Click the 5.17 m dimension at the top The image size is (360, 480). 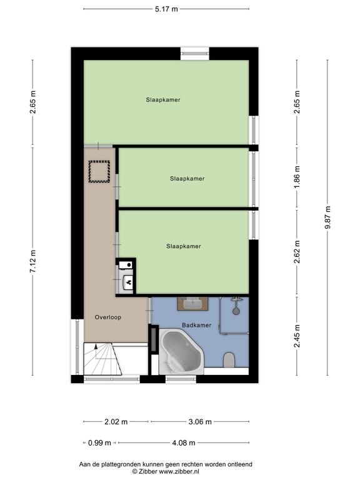click(x=166, y=9)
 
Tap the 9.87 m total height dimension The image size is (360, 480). click(x=327, y=217)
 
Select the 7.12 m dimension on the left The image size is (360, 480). click(x=33, y=262)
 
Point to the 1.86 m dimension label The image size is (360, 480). click(x=297, y=177)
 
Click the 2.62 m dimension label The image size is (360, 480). click(x=297, y=252)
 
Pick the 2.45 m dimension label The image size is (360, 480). click(x=297, y=336)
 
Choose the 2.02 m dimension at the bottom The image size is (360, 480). click(x=116, y=422)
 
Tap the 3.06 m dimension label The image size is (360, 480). click(x=200, y=422)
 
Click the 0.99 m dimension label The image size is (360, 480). click(x=99, y=442)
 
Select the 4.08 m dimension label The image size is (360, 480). click(x=183, y=442)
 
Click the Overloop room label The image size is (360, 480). click(x=108, y=317)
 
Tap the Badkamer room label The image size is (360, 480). click(x=196, y=326)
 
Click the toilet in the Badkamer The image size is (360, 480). click(x=229, y=360)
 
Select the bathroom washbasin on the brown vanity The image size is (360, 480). click(x=193, y=304)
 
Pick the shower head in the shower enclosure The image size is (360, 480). click(x=236, y=311)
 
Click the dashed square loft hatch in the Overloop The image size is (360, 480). click(x=99, y=172)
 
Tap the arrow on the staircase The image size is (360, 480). click(x=96, y=351)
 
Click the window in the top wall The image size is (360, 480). click(x=195, y=54)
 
